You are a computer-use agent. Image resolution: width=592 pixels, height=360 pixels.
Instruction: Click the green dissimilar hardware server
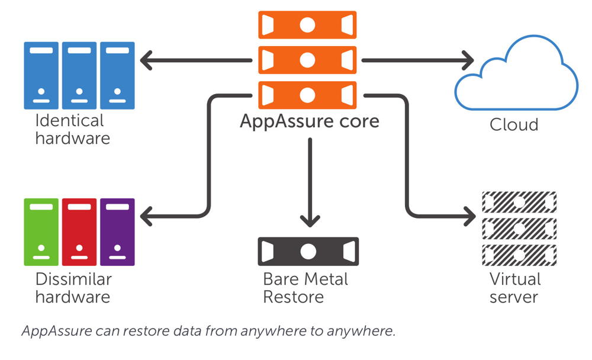(x=41, y=232)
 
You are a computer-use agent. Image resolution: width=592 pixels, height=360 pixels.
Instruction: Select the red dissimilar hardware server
(x=79, y=232)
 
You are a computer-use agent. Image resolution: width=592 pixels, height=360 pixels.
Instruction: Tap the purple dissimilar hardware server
(x=117, y=232)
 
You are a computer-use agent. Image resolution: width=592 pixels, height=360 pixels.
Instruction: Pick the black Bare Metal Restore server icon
(x=308, y=251)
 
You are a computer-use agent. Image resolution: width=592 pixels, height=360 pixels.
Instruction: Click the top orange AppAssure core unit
(x=308, y=25)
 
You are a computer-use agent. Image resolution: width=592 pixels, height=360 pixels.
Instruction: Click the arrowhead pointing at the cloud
(x=468, y=60)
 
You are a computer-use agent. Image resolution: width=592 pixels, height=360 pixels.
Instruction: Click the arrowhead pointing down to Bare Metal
(x=308, y=221)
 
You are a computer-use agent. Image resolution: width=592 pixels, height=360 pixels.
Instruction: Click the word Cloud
(x=514, y=125)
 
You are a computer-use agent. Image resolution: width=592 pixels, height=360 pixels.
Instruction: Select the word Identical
(x=69, y=121)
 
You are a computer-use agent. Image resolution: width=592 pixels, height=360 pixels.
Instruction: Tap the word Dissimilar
(x=73, y=279)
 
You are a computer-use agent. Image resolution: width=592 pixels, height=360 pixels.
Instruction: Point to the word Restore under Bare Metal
(x=293, y=296)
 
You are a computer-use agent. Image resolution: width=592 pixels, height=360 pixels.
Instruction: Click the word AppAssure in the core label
(x=284, y=121)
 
